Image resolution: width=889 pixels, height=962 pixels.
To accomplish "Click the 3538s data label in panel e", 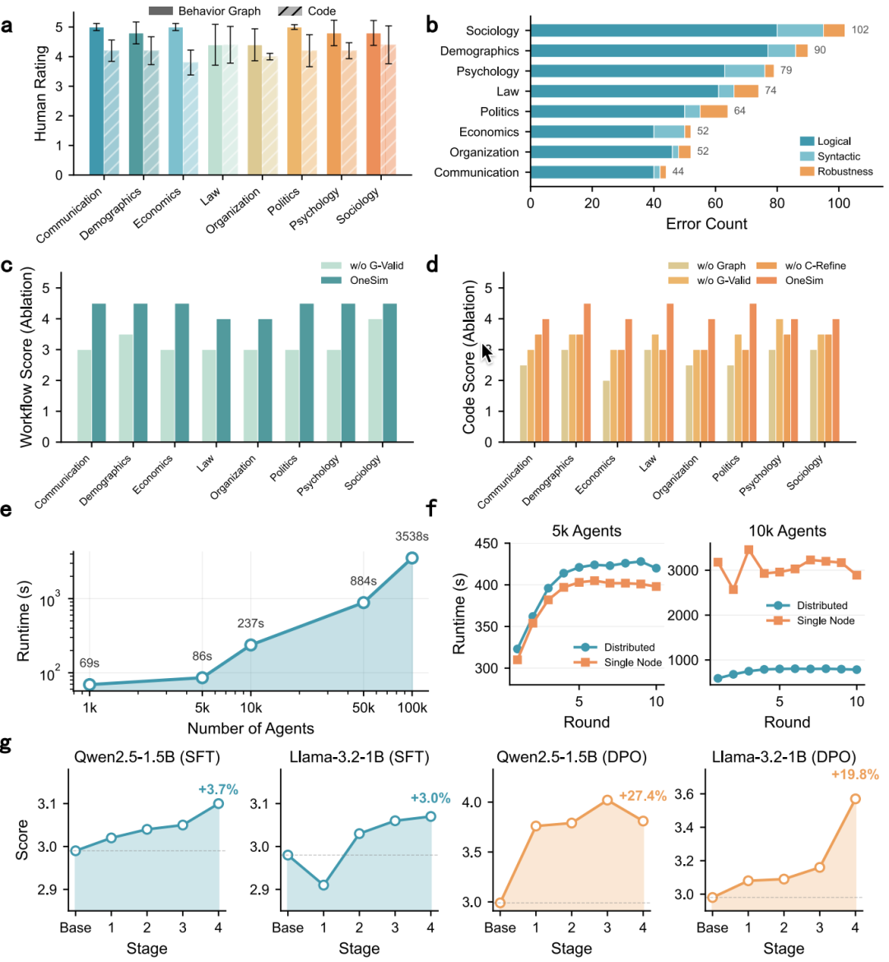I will tap(412, 537).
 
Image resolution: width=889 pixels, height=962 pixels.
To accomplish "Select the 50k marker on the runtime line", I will tap(363, 602).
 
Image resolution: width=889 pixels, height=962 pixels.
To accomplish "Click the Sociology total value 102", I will tap(860, 30).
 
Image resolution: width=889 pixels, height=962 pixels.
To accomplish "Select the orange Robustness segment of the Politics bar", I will tap(714, 111).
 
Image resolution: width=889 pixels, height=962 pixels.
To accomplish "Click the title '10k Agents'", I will tap(787, 531).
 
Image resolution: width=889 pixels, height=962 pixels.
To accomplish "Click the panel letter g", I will tap(7, 744).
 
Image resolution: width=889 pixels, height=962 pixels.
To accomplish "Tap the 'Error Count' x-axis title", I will tap(706, 224).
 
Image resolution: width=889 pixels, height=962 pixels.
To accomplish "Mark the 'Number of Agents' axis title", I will tap(250, 728).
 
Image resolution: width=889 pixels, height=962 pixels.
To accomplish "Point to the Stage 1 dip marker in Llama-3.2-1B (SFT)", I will tap(323, 885).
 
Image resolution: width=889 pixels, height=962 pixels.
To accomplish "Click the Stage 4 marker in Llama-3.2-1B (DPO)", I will tap(855, 799).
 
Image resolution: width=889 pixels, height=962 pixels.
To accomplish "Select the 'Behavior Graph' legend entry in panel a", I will tap(219, 12).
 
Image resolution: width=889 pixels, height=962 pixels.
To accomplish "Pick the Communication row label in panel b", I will tap(477, 173).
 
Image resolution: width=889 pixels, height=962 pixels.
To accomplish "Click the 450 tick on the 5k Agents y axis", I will tap(486, 544).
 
